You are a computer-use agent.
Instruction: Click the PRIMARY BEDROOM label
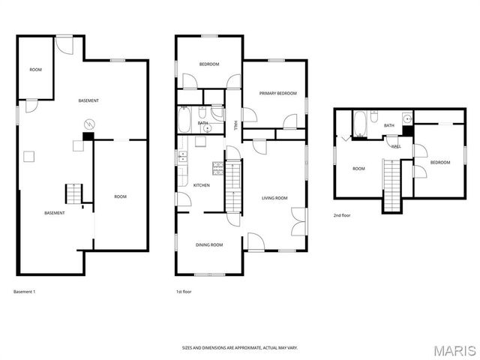pos(277,93)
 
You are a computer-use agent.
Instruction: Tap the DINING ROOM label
pos(209,245)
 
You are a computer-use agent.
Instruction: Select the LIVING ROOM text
pos(274,198)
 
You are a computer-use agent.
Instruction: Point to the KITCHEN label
pos(201,185)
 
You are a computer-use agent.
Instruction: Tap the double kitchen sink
pos(182,157)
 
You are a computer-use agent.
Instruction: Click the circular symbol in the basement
pos(88,124)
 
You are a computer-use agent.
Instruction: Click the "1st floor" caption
pos(184,291)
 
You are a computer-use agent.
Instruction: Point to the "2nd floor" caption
pos(342,215)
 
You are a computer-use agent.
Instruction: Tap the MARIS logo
pos(454,349)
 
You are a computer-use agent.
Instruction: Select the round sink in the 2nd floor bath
pos(406,118)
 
